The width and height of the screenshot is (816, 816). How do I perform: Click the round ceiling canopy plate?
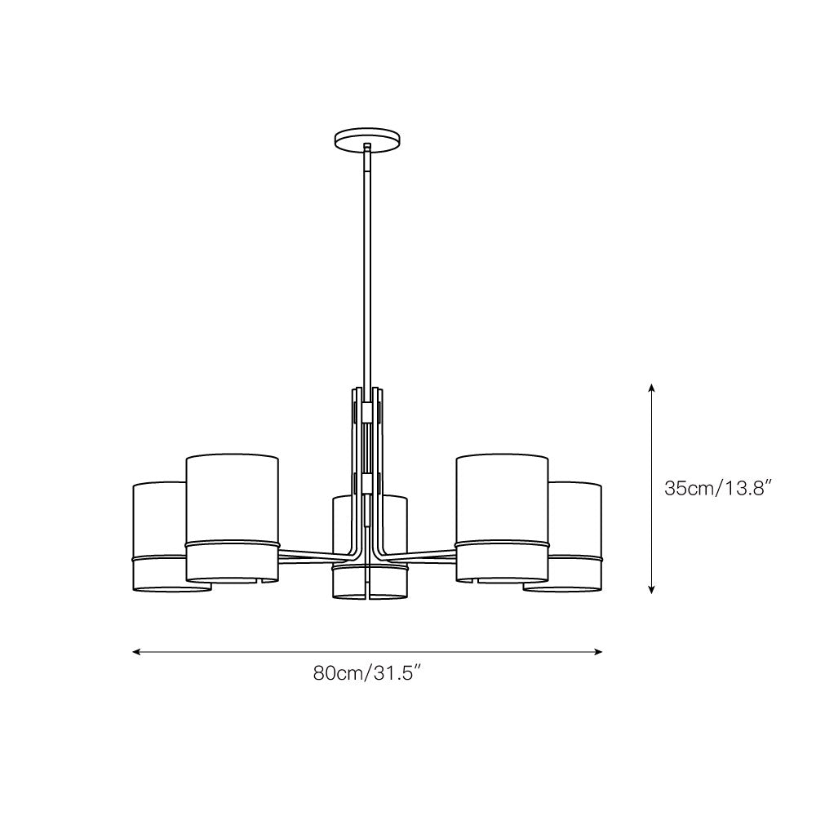[x=368, y=140]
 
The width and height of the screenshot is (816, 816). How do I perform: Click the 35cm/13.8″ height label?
[x=717, y=489]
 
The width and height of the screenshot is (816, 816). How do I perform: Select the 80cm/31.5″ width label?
[x=366, y=673]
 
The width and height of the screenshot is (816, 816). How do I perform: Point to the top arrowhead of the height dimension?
[x=651, y=387]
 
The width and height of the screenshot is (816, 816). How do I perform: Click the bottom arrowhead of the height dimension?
[x=651, y=589]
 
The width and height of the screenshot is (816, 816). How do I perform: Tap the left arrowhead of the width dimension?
[x=138, y=651]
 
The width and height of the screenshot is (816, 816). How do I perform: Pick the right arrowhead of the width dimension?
[x=597, y=651]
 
